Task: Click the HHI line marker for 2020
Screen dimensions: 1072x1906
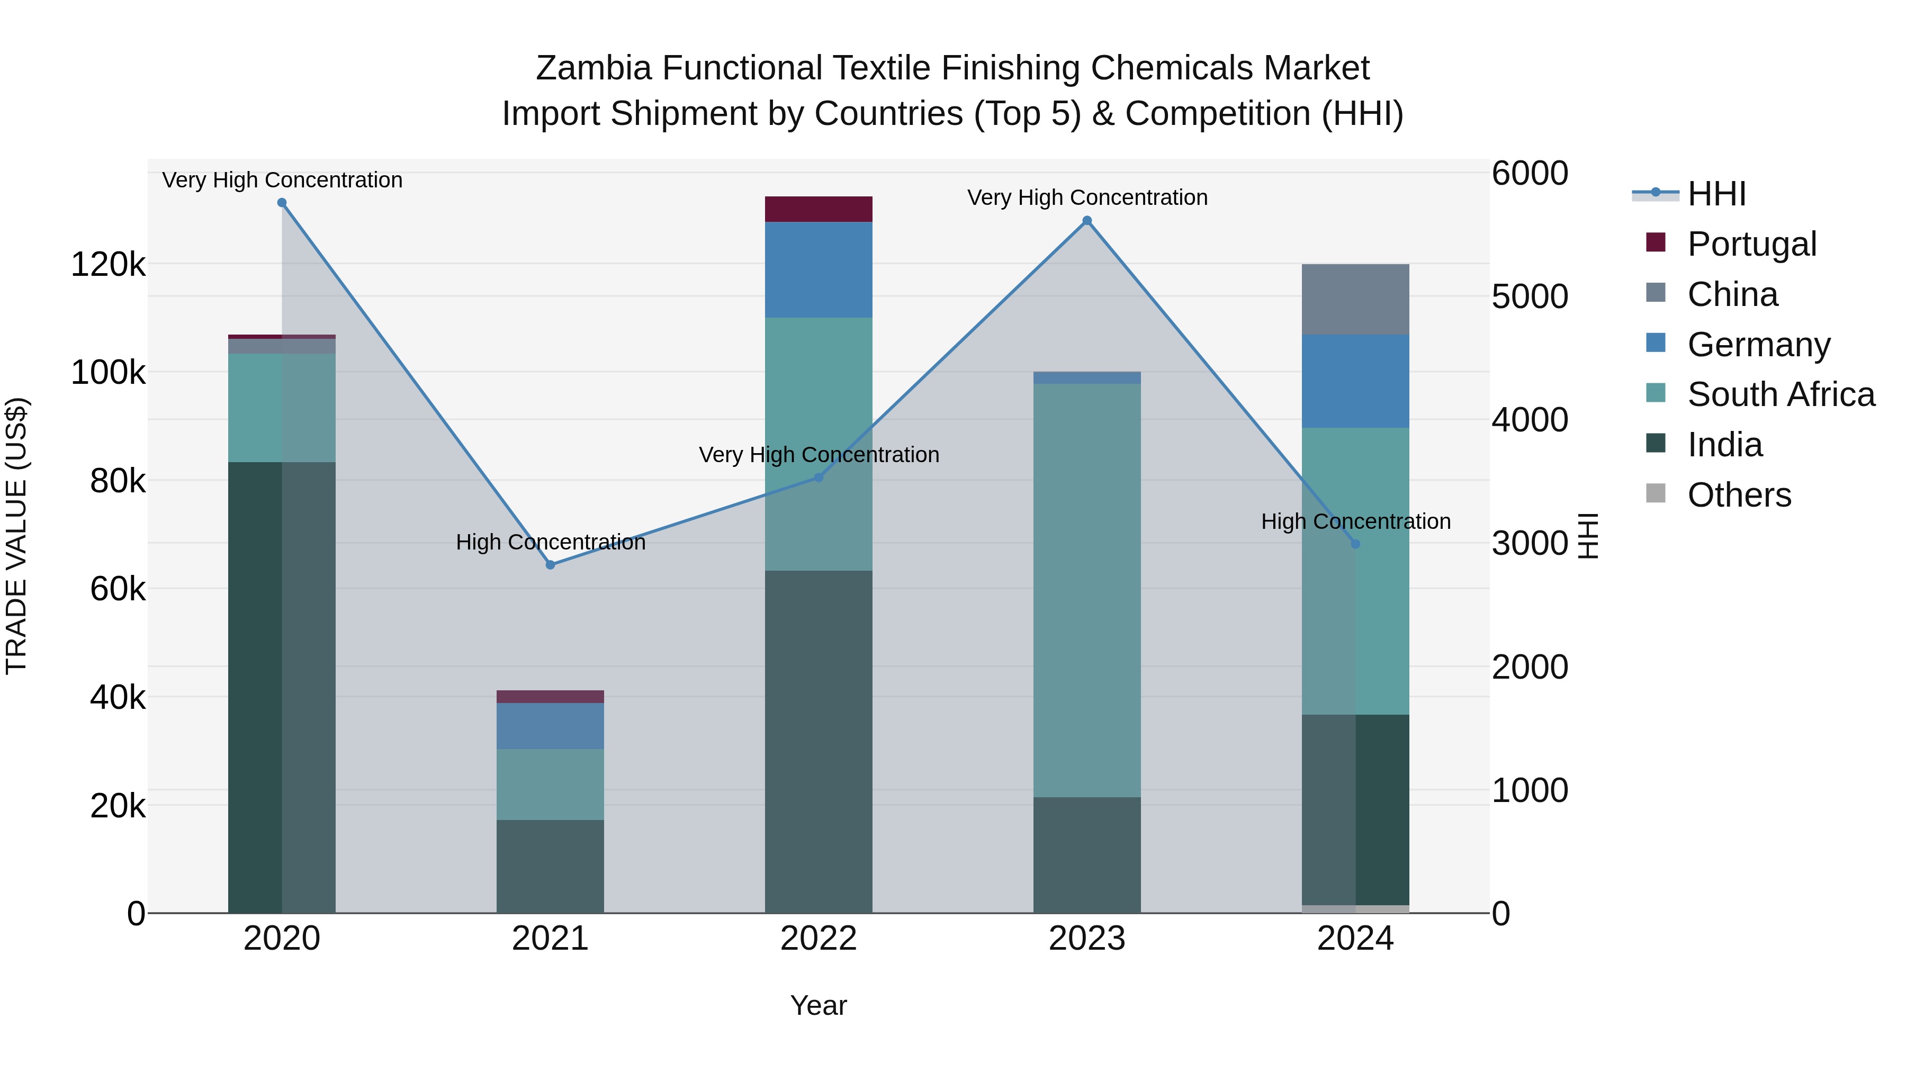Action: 282,203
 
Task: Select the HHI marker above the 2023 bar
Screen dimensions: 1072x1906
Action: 1087,220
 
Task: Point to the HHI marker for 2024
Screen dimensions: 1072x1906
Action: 1355,544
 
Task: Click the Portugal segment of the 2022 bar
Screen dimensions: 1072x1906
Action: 819,209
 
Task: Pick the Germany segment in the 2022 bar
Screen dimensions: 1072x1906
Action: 819,269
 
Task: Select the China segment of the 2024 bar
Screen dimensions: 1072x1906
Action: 1355,299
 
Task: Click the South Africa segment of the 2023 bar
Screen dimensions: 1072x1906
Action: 1087,590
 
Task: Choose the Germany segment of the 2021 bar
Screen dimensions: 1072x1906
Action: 551,726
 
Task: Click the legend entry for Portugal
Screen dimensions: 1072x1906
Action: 1751,244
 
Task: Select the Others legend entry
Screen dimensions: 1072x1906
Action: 1739,495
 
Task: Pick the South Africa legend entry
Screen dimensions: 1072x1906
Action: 1780,394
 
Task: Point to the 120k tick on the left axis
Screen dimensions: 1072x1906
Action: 108,264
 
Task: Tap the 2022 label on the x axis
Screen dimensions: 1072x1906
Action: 819,939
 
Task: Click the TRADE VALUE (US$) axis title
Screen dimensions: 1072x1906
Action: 17,536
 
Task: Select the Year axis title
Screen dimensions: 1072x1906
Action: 819,1005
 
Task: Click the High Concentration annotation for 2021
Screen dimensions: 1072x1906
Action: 551,542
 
